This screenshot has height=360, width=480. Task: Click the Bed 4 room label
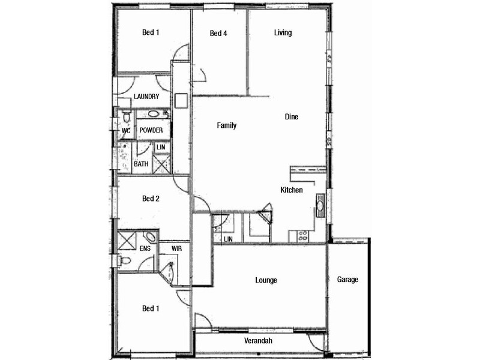point(218,34)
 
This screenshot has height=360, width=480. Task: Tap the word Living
point(283,33)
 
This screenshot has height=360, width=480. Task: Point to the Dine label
point(292,117)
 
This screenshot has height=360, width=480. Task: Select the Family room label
point(227,125)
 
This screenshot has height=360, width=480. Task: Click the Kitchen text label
point(292,190)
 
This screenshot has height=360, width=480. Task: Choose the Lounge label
point(266,280)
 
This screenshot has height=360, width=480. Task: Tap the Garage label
point(347,280)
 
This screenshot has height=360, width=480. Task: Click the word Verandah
point(259,341)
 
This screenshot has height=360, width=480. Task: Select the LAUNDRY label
point(146,97)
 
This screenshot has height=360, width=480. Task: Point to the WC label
point(126,130)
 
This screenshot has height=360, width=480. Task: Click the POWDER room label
point(151,130)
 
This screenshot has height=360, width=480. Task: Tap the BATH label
point(141,164)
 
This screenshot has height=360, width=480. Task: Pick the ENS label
point(145,248)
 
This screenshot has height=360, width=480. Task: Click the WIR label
point(176,248)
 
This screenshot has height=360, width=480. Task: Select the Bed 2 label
point(150,198)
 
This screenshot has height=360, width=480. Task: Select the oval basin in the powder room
point(154,113)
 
